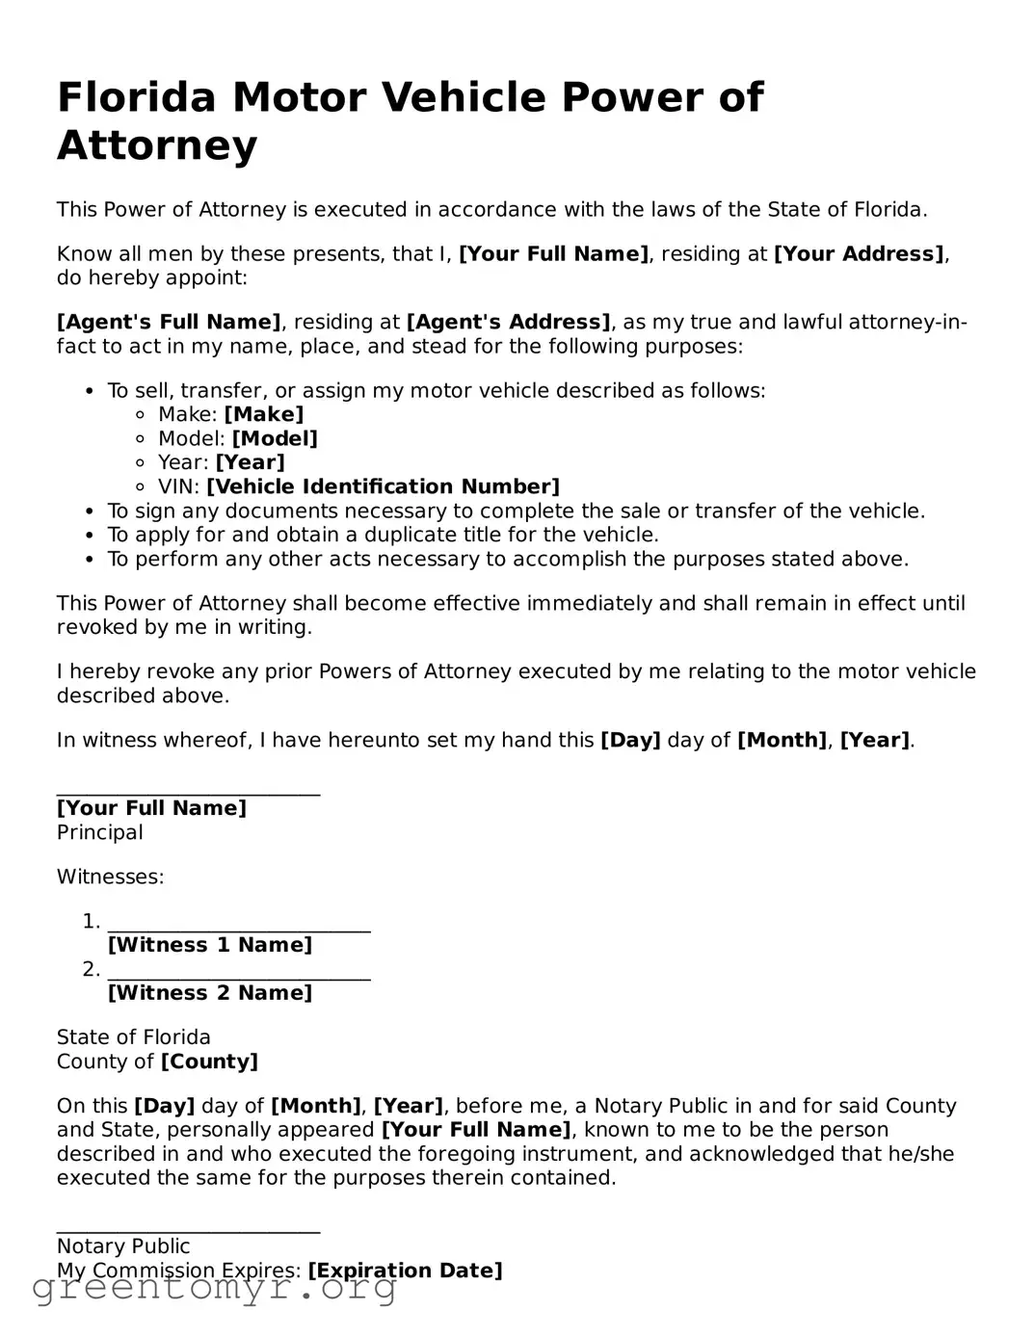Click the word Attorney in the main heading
157,145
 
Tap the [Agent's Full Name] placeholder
169,322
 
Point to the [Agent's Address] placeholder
508,322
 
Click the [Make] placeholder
263,414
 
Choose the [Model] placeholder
275,438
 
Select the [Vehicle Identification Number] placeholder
383,486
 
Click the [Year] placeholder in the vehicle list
250,462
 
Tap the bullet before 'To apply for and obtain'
90,536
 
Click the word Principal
99,832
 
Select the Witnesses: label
110,877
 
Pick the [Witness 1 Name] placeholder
210,945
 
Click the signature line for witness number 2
239,978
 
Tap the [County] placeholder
209,1062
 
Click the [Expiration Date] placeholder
405,1271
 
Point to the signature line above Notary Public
188,1231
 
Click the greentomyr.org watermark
214,1288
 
